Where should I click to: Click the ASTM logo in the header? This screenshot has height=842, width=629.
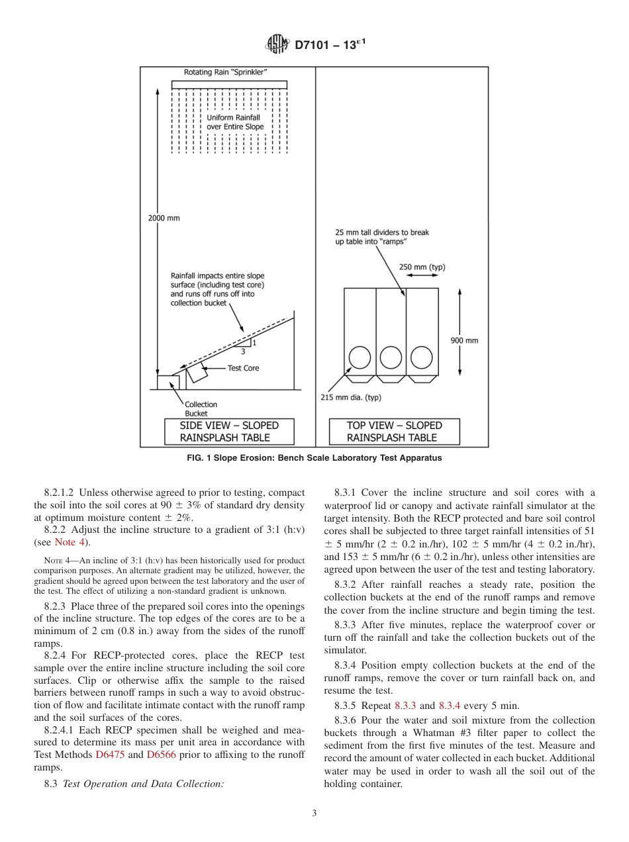277,45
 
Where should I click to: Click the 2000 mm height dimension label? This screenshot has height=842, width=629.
163,218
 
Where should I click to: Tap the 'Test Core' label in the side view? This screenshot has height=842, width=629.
243,368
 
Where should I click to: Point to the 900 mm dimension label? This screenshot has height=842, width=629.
464,340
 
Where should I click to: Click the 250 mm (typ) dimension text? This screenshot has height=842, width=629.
422,267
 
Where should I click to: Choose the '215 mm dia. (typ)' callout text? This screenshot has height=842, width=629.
351,397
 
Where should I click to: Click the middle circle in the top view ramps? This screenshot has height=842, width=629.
391,357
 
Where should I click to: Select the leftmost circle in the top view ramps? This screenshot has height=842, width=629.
360,357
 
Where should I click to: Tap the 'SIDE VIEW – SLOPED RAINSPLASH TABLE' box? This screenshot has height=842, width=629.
229,431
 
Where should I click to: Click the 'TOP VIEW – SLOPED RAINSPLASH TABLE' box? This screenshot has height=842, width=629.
394,431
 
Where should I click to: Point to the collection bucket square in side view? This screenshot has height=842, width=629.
168,382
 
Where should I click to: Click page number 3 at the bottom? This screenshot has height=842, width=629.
314,814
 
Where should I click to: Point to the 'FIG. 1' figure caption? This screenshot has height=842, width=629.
314,458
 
